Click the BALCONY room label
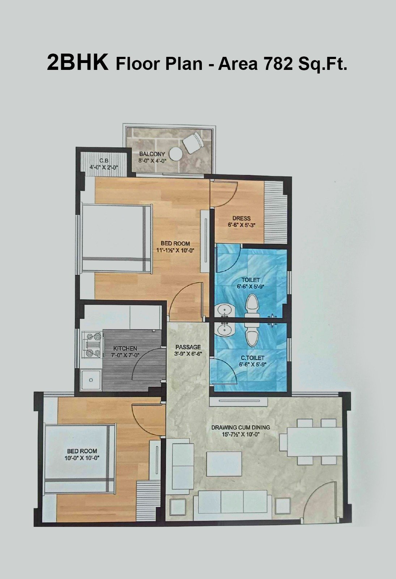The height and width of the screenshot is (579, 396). (152, 154)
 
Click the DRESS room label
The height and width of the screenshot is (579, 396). (241, 218)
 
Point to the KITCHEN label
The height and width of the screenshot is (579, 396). (125, 348)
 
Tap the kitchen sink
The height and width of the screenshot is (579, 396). (91, 380)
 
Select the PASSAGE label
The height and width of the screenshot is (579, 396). (188, 347)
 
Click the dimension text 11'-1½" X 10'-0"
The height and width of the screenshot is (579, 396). (175, 250)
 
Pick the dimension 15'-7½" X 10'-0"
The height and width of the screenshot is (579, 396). (240, 435)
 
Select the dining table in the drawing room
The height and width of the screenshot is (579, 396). (315, 442)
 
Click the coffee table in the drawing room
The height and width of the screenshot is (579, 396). (224, 464)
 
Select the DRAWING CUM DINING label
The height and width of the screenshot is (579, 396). (240, 427)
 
